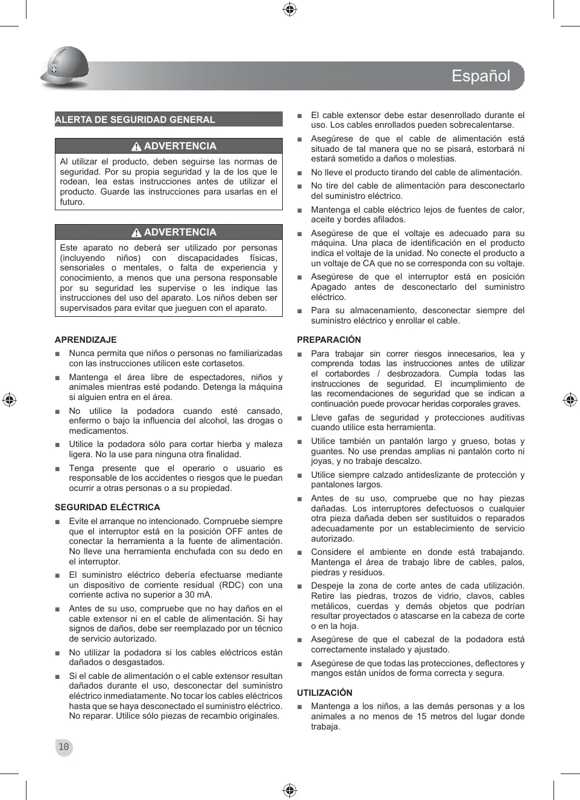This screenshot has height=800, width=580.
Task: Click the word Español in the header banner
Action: tap(481, 76)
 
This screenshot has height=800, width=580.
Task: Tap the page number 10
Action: tap(63, 747)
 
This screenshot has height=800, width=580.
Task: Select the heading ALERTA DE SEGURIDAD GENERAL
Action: tap(135, 119)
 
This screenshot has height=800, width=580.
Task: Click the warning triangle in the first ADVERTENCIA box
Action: tap(137, 146)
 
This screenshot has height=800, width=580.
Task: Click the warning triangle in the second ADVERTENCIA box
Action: tap(137, 233)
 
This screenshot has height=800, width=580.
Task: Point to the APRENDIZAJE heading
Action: tap(86, 340)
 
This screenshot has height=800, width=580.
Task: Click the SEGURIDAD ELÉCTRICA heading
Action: tap(107, 507)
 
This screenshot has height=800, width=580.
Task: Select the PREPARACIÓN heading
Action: tap(329, 340)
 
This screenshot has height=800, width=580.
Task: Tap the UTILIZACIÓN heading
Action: tap(324, 693)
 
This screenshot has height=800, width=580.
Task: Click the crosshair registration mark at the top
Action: tap(289, 9)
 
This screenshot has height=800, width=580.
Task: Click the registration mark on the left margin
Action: tap(9, 399)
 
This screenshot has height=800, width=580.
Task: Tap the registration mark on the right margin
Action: tap(570, 399)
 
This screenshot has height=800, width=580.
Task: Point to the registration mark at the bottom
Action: tap(289, 790)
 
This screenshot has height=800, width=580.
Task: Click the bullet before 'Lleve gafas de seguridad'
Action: tap(300, 418)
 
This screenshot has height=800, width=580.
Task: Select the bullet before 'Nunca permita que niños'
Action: tap(58, 354)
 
